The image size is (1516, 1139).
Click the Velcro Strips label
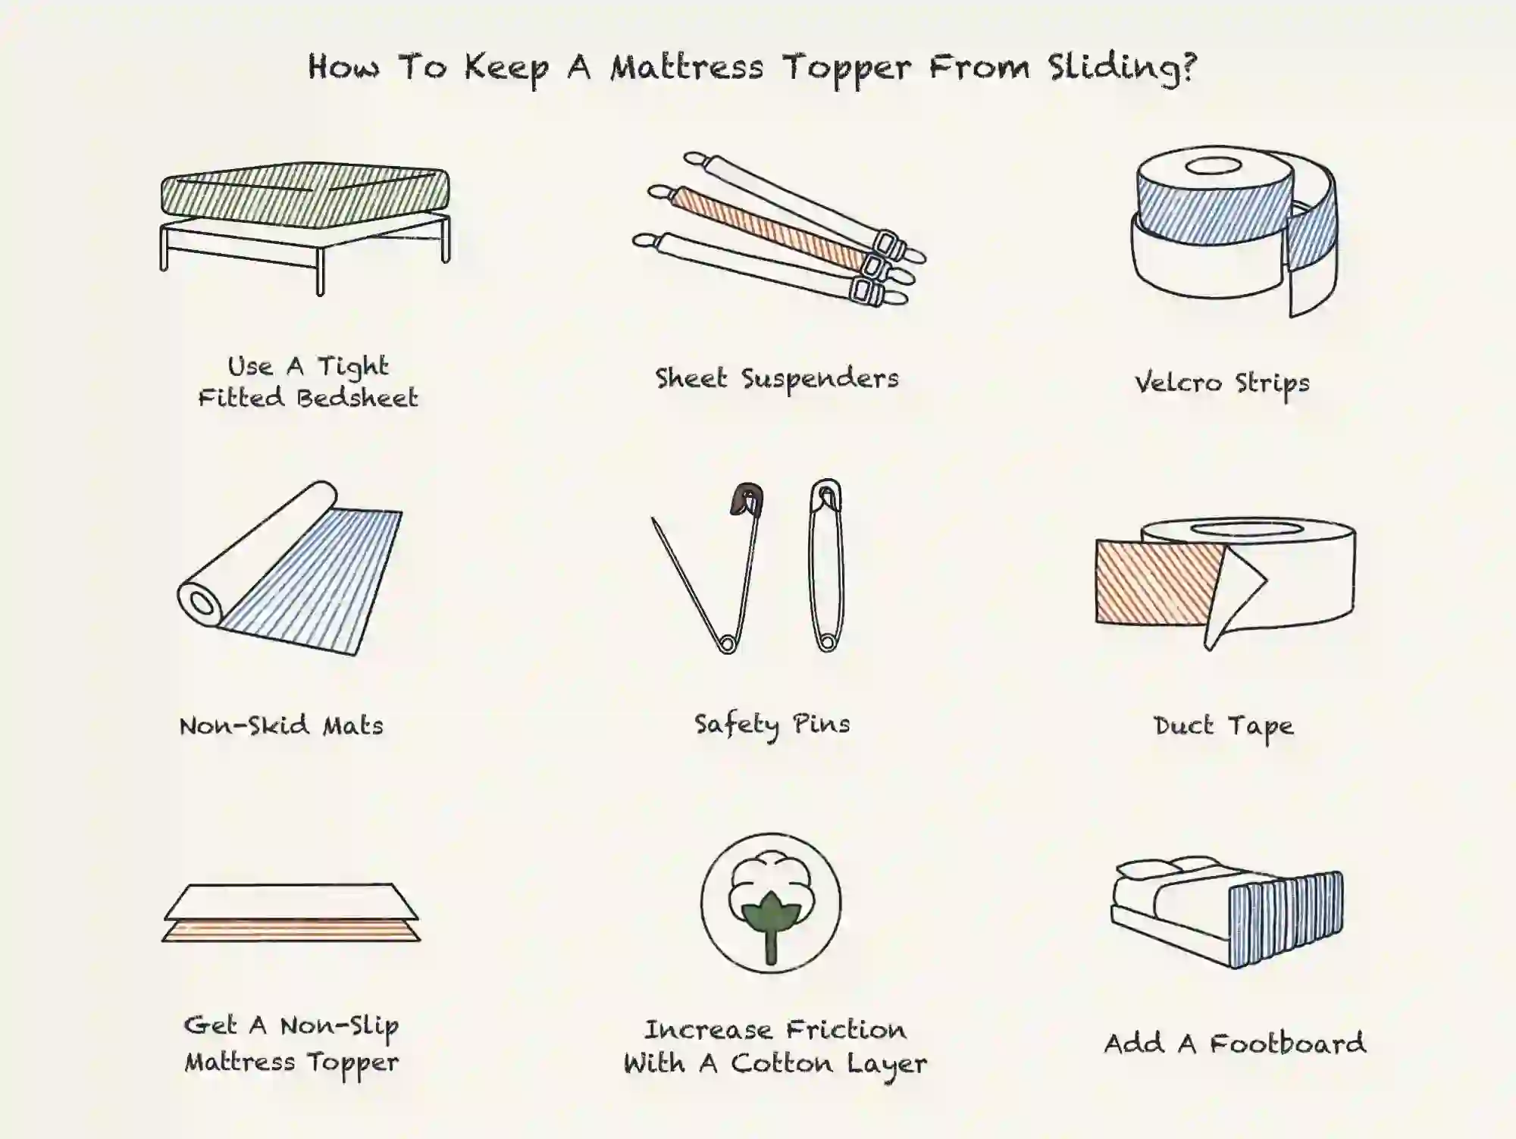tap(1222, 383)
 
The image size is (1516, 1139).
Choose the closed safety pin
tap(826, 565)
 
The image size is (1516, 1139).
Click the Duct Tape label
tap(1223, 726)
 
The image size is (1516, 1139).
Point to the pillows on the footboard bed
tap(1167, 868)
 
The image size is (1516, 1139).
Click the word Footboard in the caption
tap(1287, 1044)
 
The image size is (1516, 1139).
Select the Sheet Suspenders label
tap(777, 378)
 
